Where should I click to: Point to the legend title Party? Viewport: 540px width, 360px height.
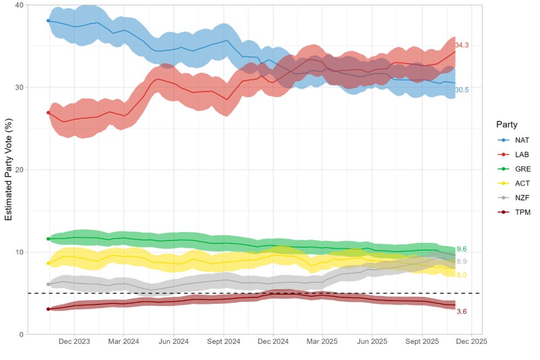(x=507, y=125)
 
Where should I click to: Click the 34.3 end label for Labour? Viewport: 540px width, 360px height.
(x=462, y=45)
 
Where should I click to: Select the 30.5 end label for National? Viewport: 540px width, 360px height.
(x=462, y=90)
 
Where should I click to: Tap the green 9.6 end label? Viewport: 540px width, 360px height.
(x=461, y=249)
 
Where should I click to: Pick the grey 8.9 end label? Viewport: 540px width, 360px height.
(x=461, y=262)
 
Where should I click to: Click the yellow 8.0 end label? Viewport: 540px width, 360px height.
(x=461, y=275)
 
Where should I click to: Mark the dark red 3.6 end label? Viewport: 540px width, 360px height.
(x=461, y=311)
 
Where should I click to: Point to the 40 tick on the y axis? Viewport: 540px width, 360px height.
(x=19, y=5)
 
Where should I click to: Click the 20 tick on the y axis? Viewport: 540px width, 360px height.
(x=19, y=170)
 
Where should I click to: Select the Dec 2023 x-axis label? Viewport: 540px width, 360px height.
(x=74, y=342)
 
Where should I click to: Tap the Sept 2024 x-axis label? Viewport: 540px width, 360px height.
(x=224, y=342)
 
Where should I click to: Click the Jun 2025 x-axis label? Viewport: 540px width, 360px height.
(x=373, y=342)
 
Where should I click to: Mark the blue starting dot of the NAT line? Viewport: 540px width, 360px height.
(x=48, y=21)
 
